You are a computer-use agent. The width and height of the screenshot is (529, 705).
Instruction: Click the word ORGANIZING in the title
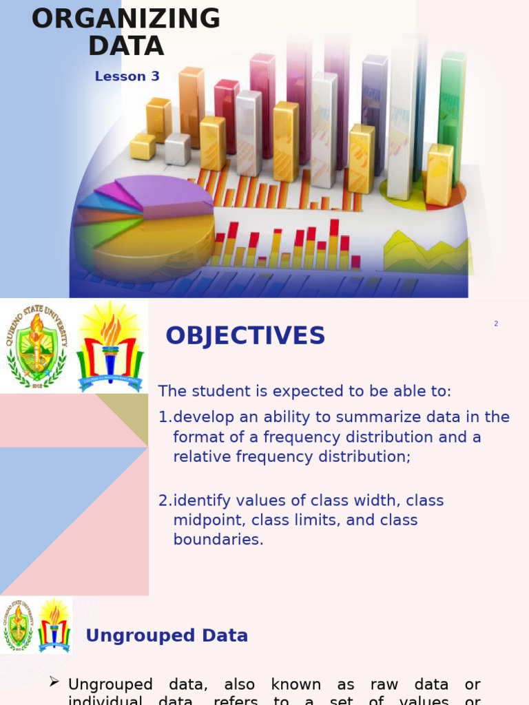[126, 19]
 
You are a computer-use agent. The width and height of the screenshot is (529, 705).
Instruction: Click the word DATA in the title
[126, 46]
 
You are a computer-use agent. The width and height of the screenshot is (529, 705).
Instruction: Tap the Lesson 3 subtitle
[127, 76]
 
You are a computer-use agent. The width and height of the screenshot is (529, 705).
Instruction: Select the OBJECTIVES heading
[245, 336]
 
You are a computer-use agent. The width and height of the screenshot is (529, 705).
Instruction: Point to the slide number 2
[496, 324]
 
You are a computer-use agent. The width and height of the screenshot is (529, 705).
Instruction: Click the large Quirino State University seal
[37, 346]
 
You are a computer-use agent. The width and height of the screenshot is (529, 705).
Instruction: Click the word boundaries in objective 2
[218, 540]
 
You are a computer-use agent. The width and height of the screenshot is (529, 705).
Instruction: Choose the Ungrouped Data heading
[167, 635]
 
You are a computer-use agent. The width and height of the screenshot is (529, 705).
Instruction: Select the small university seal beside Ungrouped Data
[18, 625]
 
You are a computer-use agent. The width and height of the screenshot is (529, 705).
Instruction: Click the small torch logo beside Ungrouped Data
[54, 625]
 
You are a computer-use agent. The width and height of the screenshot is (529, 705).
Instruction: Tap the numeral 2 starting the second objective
[163, 501]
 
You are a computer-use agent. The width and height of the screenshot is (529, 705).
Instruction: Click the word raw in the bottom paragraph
[385, 684]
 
